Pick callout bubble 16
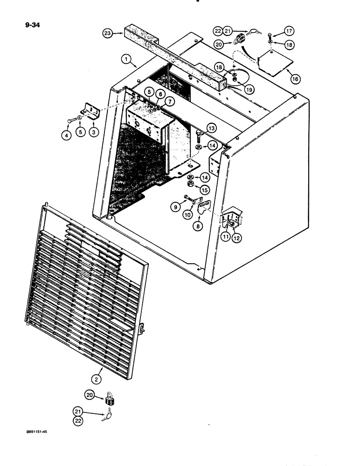[295, 80]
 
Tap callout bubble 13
[212, 128]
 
